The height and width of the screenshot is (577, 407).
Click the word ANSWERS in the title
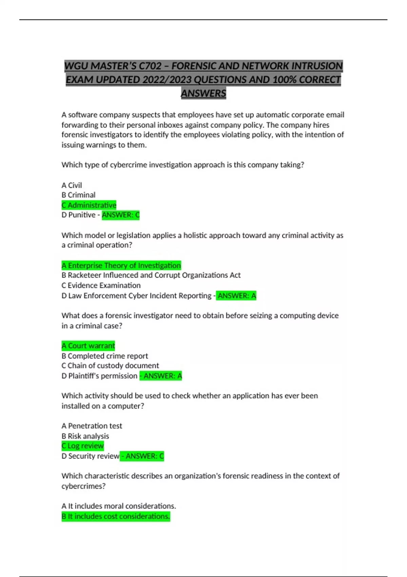point(203,93)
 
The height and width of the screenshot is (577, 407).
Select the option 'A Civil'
point(72,185)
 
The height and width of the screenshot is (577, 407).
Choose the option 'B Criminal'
point(78,195)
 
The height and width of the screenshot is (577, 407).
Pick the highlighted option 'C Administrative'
point(89,205)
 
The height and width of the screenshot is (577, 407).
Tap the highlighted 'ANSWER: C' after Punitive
point(121,215)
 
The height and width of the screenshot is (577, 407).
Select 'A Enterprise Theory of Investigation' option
point(121,265)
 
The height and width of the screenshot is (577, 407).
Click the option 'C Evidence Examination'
point(101,285)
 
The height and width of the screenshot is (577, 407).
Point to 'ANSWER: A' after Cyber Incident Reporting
point(237,296)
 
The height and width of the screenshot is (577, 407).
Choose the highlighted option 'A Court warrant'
point(88,346)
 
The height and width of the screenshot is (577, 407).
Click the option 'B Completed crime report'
point(105,356)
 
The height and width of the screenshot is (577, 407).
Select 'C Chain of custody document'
point(110,366)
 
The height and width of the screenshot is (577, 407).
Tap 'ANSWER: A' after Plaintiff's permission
point(161,376)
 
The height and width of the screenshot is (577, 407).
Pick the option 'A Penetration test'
point(92,426)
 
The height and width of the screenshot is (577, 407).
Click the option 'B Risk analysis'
point(85,436)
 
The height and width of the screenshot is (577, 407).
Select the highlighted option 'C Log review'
point(83,446)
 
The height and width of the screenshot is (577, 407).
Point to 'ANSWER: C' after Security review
point(142,456)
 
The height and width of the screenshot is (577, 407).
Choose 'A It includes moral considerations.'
point(119,506)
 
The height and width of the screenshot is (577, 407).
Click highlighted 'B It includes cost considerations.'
point(116,517)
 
